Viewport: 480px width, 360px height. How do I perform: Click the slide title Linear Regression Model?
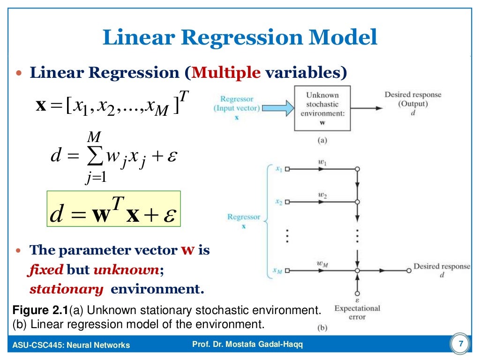click(x=240, y=37)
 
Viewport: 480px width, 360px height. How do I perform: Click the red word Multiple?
click(x=226, y=73)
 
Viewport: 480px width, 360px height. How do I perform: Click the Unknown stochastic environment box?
click(x=322, y=108)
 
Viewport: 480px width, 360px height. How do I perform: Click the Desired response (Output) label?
click(x=413, y=99)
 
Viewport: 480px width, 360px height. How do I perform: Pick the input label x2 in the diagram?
click(x=278, y=202)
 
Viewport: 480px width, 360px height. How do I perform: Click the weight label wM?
click(x=322, y=264)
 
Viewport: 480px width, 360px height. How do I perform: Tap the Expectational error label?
click(x=357, y=312)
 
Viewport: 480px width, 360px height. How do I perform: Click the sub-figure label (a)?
click(x=322, y=140)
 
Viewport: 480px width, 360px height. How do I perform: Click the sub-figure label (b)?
click(x=322, y=328)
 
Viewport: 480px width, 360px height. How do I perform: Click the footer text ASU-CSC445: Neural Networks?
click(x=71, y=345)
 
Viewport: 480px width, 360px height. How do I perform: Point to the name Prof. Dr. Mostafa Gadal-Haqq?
click(x=248, y=345)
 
